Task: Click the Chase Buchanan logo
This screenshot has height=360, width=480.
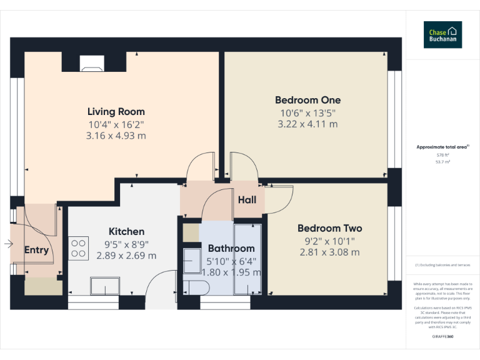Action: [442, 35]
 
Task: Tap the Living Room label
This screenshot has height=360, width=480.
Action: [116, 112]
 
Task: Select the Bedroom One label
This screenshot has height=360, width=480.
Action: [307, 100]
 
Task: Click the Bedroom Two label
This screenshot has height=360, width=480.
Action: [329, 228]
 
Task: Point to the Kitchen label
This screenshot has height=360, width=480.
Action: [126, 231]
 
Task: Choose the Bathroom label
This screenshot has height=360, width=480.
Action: [231, 248]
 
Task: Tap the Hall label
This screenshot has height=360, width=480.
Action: [247, 200]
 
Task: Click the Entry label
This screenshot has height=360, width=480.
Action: [36, 250]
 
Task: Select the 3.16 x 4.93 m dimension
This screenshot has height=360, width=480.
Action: [116, 136]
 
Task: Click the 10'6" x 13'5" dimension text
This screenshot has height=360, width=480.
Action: [307, 112]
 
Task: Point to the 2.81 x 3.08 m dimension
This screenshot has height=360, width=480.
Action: [329, 252]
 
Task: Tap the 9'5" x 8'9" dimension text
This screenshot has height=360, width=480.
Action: [126, 244]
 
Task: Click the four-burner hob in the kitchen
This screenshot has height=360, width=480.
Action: [79, 248]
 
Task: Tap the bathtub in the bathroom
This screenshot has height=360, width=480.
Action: [247, 257]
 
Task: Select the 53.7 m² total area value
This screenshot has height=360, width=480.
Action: [442, 161]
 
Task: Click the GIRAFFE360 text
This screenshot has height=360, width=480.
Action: [442, 337]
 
